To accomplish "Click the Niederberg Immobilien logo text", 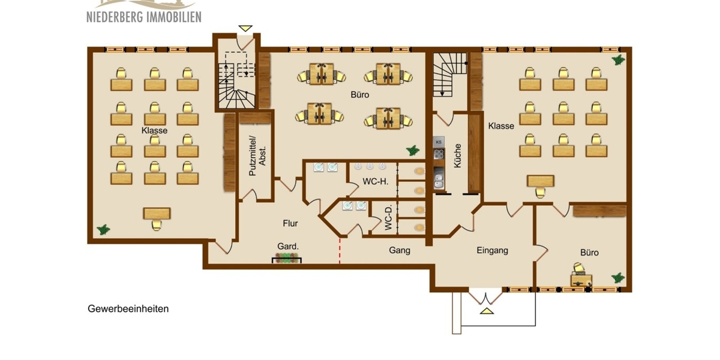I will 143,16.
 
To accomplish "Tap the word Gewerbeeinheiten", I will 128,309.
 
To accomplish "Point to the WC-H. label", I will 375,182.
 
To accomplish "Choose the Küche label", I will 458,155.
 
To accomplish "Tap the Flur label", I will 290,223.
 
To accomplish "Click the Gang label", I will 400,250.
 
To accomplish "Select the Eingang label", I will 492,250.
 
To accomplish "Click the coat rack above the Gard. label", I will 287,259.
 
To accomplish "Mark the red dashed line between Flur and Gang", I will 340,251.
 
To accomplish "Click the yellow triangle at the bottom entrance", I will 485,311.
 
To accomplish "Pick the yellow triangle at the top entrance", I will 245,28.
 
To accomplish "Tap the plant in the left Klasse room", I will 104,229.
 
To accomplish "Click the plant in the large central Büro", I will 413,149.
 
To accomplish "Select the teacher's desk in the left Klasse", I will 157,214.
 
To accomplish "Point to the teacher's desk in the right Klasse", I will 540,181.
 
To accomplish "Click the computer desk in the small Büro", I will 581,280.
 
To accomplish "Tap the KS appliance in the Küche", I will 439,142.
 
